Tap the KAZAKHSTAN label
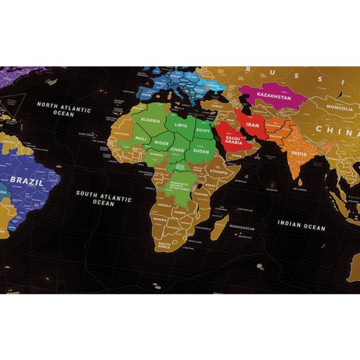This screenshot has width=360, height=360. click(274, 97)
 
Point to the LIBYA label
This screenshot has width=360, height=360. click(181, 125)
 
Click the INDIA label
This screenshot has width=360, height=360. click(299, 154)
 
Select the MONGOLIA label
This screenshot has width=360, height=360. click(340, 109)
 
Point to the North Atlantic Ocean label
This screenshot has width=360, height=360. click(64, 107)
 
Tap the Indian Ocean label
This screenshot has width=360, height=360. click(301, 225)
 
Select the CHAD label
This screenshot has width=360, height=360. click(177, 149)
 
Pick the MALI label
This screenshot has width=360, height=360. click(142, 139)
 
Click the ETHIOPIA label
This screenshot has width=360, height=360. click(218, 172)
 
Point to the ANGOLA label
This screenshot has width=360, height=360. click(164, 205)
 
